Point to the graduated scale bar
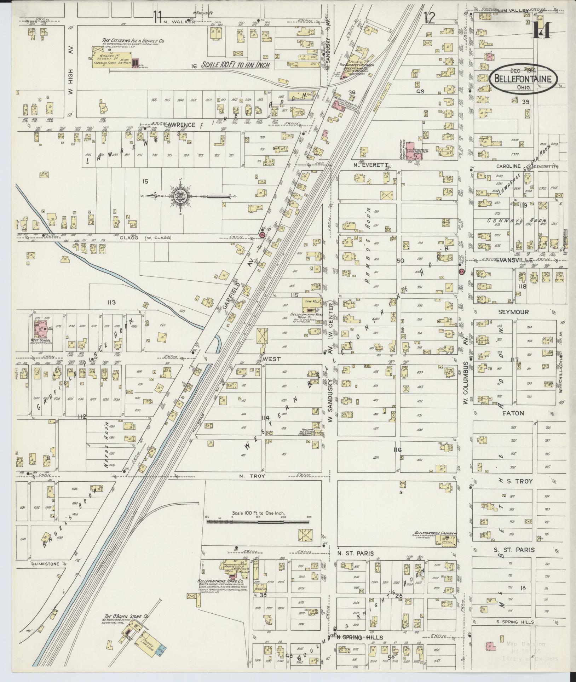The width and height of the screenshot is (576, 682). pos(258,522)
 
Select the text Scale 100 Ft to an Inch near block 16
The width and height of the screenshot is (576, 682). pos(235,65)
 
